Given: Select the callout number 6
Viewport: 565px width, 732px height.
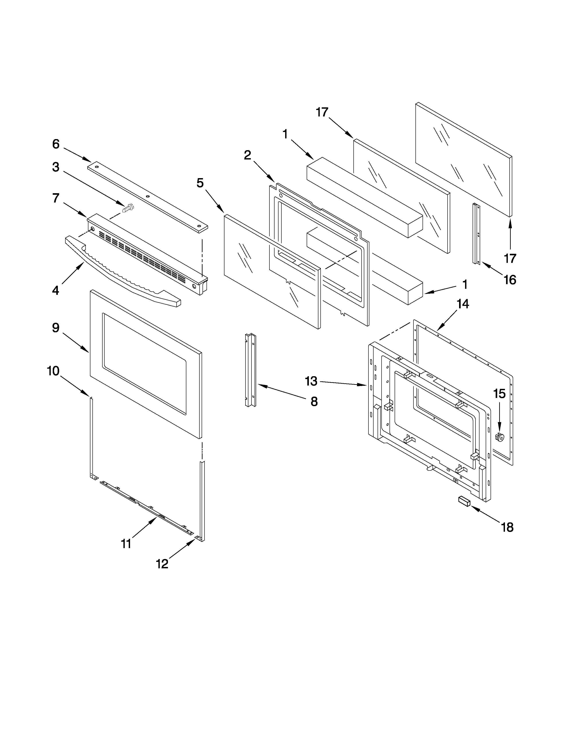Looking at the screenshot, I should (x=56, y=144).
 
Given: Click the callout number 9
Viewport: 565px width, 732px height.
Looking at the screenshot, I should (x=56, y=327).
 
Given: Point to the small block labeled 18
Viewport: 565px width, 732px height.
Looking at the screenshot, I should (x=464, y=510).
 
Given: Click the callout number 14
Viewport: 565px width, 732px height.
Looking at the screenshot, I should (x=463, y=304).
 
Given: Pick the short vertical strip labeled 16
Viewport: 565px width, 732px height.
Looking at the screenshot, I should (x=477, y=234).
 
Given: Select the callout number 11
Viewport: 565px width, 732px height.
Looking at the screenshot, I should (x=126, y=544).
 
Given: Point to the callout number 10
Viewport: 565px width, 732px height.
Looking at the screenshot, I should (x=53, y=371).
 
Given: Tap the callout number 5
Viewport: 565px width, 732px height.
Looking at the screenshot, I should (x=200, y=183).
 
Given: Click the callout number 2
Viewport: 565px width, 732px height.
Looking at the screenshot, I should (x=247, y=155).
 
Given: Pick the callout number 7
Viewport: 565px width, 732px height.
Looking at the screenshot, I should (x=56, y=198).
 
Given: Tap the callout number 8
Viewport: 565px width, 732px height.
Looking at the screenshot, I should (x=314, y=401).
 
